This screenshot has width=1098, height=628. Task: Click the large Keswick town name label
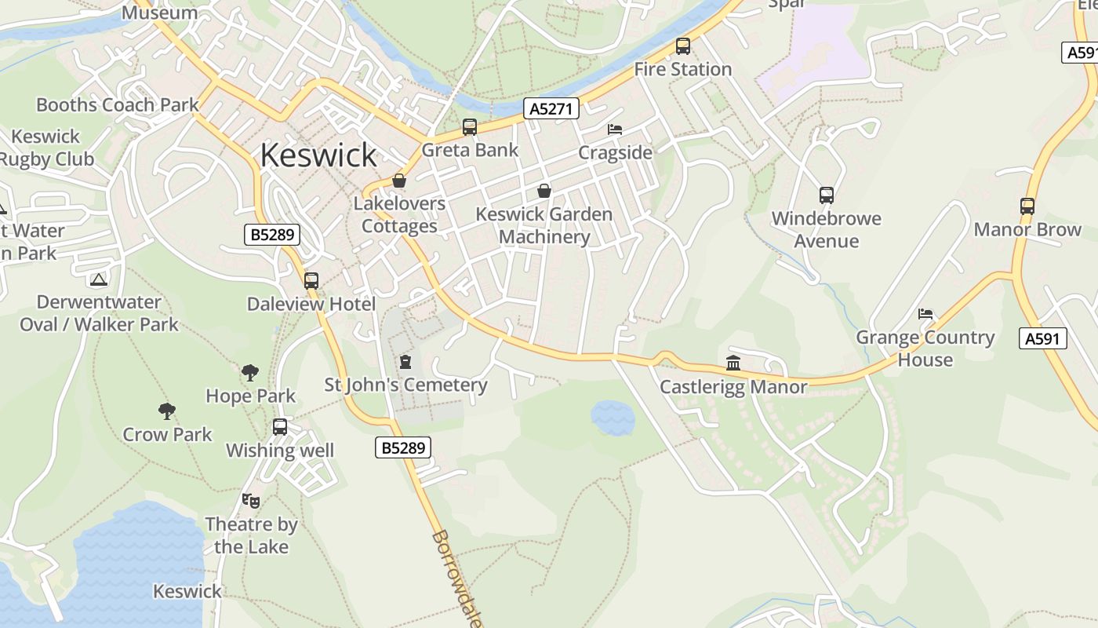(318, 155)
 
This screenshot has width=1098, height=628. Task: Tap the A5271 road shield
(551, 108)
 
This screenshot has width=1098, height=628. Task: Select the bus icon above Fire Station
(683, 46)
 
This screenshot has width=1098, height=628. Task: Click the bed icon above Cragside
(615, 130)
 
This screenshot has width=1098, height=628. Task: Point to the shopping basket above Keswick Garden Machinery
(544, 191)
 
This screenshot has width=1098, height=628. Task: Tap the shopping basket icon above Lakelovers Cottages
(399, 181)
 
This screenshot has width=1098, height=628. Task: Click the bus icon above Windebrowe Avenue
(826, 195)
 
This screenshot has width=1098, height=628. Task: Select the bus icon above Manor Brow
(1027, 206)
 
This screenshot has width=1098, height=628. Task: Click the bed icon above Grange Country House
(925, 314)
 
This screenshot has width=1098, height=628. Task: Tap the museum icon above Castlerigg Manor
(733, 363)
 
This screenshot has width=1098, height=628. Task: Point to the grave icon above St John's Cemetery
(405, 362)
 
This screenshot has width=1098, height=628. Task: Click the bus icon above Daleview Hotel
(311, 280)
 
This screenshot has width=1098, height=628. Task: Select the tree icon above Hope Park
(250, 372)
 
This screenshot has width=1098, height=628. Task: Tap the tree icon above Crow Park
(166, 411)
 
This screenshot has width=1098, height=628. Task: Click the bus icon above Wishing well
(280, 427)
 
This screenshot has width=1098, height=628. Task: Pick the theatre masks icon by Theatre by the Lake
(251, 500)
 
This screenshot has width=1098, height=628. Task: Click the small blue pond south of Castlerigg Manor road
(613, 418)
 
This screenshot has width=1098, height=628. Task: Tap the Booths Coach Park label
(118, 104)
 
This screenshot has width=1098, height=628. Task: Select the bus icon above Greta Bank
(470, 127)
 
